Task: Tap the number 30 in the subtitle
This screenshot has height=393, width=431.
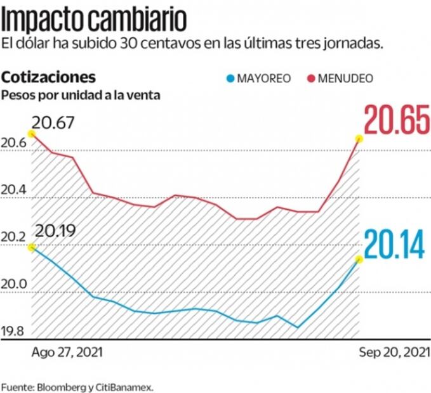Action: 128,44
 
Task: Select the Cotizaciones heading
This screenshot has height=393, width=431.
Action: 49,77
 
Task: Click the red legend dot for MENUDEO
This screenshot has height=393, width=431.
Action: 310,79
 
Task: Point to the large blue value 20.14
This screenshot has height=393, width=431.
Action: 394,245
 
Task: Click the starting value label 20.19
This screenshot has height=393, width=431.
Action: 55,230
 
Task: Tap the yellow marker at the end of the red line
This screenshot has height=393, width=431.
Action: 359,139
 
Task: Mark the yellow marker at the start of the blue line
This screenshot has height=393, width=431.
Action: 32,247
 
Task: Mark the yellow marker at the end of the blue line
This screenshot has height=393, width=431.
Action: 359,259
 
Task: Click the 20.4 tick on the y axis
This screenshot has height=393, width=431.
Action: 14,191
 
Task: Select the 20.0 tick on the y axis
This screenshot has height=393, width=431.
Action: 14,285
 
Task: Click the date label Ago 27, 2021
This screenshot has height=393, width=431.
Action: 66,351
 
